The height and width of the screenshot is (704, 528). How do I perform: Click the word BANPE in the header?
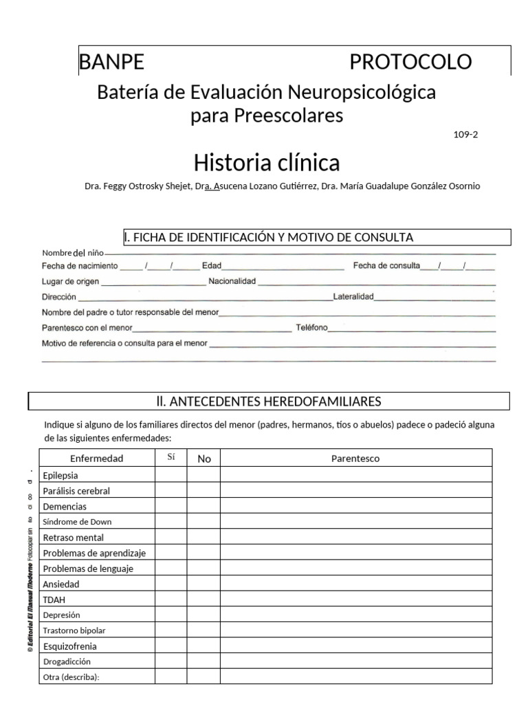112,63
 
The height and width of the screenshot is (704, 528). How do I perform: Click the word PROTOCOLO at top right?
410,63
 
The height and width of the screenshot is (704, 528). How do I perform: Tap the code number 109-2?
465,134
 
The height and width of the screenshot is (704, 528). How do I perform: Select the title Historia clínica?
267,163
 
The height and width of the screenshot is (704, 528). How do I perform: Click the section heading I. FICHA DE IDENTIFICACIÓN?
268,238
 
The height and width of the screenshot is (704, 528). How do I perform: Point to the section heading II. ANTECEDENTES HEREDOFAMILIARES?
269,401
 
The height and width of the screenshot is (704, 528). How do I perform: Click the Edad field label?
211,266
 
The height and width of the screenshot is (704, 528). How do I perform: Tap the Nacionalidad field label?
232,281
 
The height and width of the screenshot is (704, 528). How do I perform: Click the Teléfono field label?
311,328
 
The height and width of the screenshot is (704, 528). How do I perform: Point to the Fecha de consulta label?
386,266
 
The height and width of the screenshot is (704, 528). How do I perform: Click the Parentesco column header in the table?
355,459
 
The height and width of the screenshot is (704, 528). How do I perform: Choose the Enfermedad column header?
97,459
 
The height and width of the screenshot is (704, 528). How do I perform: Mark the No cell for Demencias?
203,506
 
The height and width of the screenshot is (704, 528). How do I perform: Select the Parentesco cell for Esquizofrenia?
355,646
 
